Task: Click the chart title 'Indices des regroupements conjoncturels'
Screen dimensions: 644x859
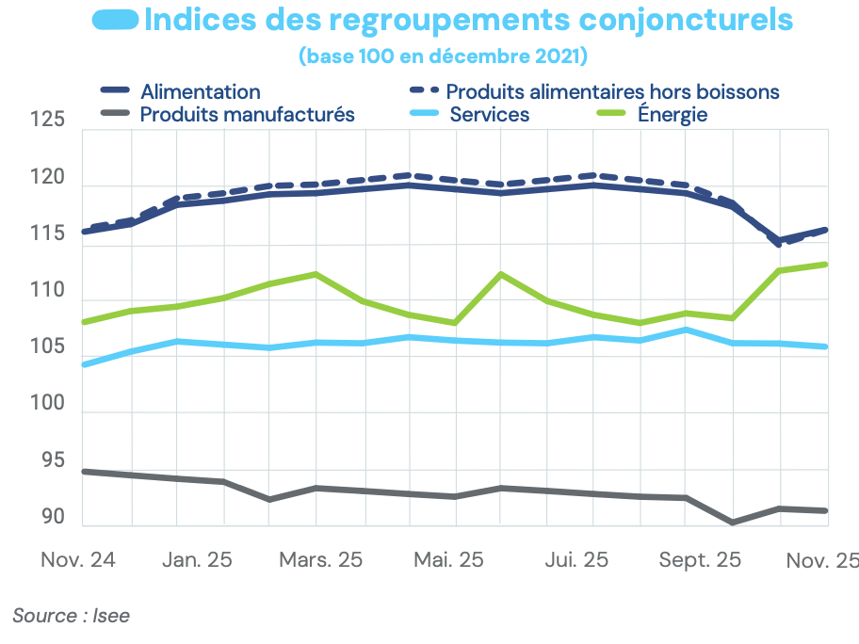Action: coord(468,20)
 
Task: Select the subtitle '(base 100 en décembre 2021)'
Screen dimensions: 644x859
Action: coord(443,56)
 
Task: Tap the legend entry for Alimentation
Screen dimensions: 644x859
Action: coord(200,91)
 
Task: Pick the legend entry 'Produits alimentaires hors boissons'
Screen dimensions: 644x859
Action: coord(612,91)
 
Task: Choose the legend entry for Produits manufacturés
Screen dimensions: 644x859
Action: coord(247,115)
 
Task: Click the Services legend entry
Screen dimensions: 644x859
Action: coord(489,115)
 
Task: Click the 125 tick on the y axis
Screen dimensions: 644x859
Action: coord(47,121)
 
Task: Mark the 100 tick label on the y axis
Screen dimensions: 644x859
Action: coord(47,405)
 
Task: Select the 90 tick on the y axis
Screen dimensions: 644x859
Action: coord(53,518)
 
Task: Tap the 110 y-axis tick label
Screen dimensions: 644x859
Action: coord(47,292)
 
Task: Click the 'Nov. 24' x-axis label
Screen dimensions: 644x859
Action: coord(78,559)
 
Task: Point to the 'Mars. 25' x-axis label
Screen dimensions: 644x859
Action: coord(320,559)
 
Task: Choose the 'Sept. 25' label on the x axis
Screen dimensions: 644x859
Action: coord(700,559)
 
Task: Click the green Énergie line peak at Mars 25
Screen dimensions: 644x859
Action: coord(316,274)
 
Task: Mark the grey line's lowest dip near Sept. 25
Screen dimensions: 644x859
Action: coord(733,522)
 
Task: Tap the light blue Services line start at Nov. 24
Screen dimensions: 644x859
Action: coord(85,363)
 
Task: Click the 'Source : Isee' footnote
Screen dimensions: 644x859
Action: coord(71,616)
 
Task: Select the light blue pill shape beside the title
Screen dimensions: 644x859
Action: coord(117,19)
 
